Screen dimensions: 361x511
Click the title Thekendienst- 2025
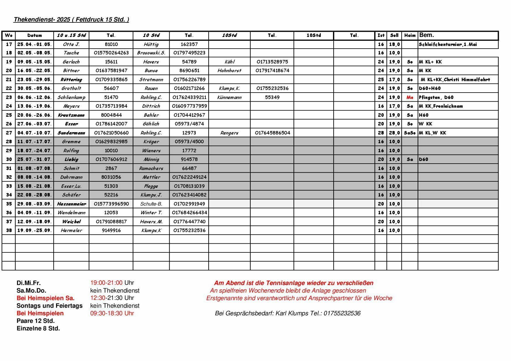(71, 20)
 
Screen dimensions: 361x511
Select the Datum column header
(34, 36)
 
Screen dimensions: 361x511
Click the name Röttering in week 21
(71, 79)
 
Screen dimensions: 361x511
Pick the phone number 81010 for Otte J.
(111, 44)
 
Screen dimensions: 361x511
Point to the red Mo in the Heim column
(410, 97)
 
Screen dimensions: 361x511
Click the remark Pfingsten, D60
(436, 97)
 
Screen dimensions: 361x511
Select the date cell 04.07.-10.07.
(34, 133)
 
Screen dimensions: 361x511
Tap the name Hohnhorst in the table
(229, 70)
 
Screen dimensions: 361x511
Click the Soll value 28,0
(394, 133)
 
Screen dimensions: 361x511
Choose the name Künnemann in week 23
(229, 97)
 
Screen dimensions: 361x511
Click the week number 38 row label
(9, 230)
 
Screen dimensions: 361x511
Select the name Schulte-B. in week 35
(151, 204)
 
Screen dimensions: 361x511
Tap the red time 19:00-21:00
(106, 283)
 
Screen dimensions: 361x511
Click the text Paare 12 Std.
(36, 321)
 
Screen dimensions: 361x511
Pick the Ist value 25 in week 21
(381, 79)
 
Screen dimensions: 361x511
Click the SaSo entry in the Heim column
(410, 133)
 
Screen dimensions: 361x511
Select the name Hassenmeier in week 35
(71, 204)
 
